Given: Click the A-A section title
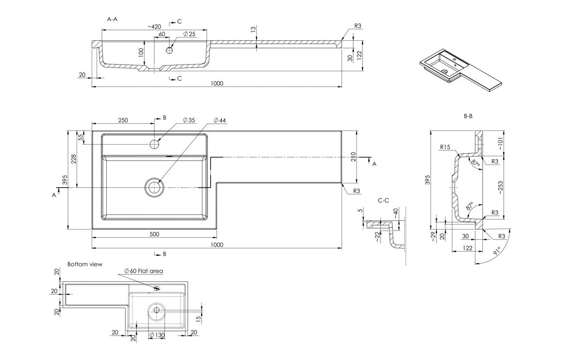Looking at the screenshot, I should point(112,19).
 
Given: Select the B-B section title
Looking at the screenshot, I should point(468,116).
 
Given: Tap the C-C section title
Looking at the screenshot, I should point(383,200).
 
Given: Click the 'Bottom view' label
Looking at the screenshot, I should point(85,264).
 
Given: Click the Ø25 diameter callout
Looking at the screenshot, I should point(189,34).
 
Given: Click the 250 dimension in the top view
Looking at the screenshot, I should point(123,120).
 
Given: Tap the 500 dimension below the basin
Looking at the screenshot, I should point(154,234).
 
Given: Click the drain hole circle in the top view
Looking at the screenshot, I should point(154,187).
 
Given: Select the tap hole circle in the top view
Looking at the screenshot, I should point(154,144).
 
